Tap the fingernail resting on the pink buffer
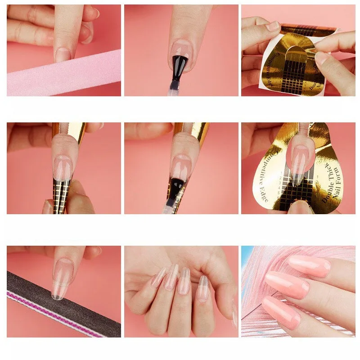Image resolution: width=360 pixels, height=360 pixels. tap(63, 54)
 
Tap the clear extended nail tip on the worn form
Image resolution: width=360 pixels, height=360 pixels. tap(297, 173)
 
